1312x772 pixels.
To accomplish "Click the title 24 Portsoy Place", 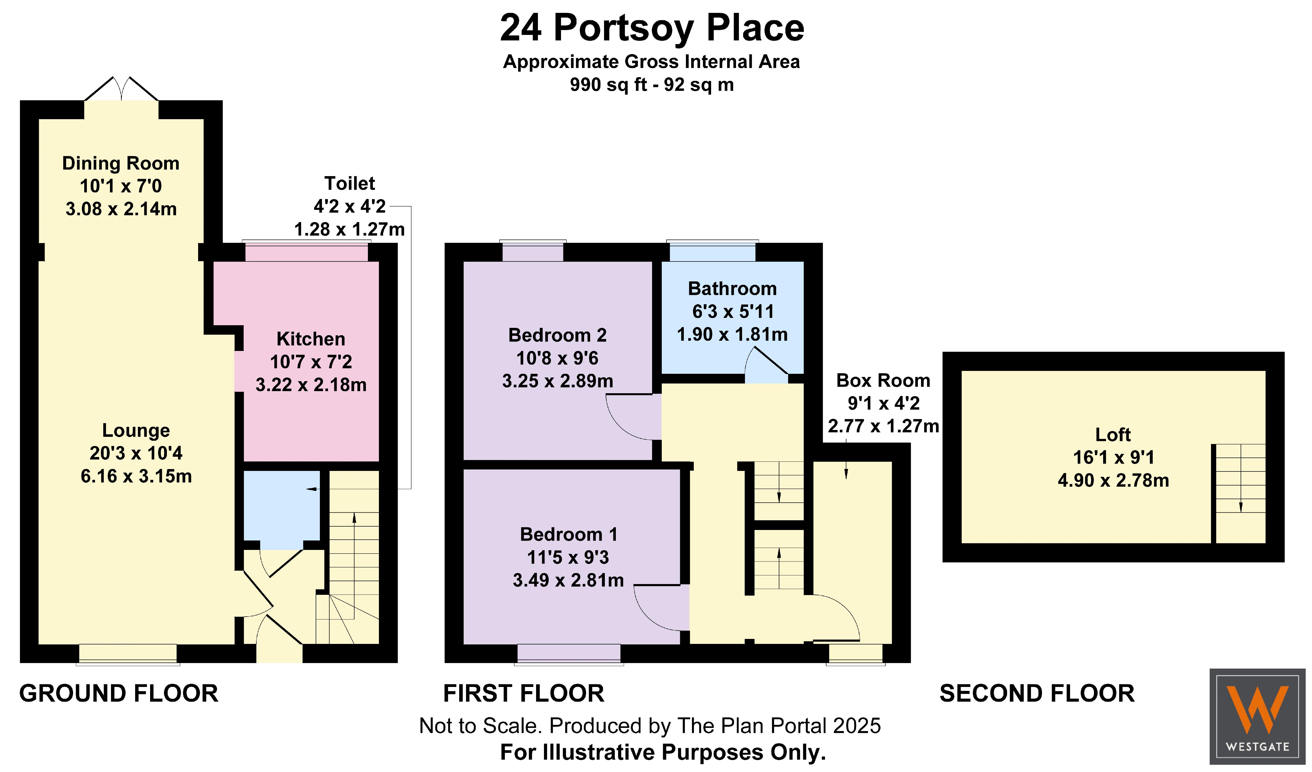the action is tap(652, 28).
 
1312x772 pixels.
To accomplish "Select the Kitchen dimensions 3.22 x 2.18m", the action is tap(311, 385).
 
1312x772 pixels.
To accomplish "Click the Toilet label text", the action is tap(349, 183).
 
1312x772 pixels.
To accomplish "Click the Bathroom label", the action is tap(733, 288).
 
